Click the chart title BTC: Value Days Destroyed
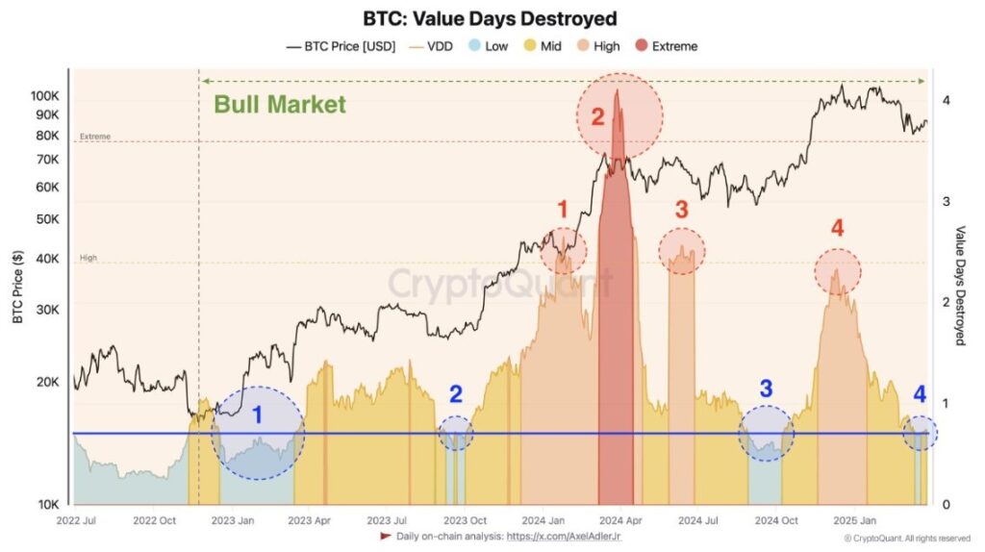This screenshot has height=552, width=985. point(490,18)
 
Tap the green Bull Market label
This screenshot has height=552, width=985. point(279,105)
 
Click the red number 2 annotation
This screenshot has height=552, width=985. point(597,118)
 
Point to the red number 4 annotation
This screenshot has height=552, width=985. point(837,228)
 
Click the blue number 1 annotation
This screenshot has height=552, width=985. point(257,415)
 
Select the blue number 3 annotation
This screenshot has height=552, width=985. point(766,389)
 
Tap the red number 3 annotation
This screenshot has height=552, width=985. point(681,209)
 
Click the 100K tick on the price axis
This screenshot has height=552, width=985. point(44,96)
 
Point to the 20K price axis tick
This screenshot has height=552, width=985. point(47,382)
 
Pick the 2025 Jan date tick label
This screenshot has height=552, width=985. point(853,520)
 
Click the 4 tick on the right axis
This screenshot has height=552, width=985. point(947,100)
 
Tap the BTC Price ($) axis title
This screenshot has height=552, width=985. point(18,286)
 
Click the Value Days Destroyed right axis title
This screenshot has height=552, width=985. point(960,286)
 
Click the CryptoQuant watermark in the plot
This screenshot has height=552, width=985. point(499,285)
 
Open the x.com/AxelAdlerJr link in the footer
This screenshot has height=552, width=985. point(562,537)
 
